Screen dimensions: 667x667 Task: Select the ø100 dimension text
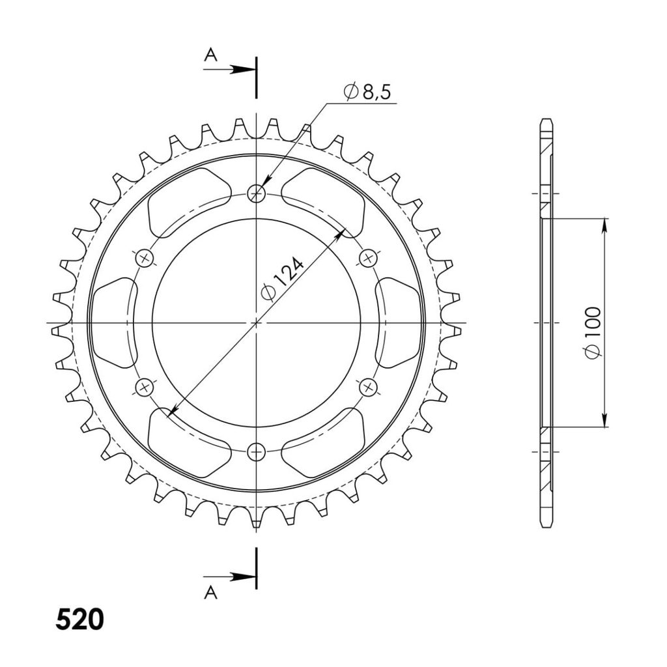(593, 333)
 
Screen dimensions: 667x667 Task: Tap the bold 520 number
(79, 619)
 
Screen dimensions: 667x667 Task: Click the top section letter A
(210, 55)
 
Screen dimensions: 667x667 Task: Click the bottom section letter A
(210, 592)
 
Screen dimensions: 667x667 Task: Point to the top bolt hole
(256, 194)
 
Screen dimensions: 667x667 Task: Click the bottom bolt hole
(256, 451)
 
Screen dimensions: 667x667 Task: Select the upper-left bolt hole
(145, 258)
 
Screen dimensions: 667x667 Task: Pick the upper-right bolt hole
(368, 258)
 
